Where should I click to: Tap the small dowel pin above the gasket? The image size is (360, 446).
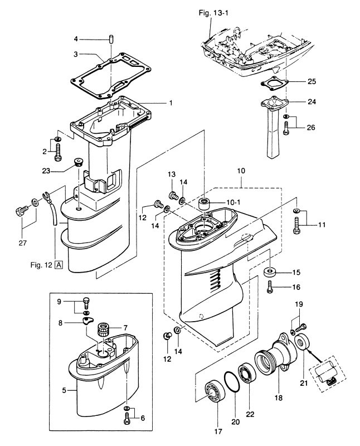(x=111, y=39)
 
